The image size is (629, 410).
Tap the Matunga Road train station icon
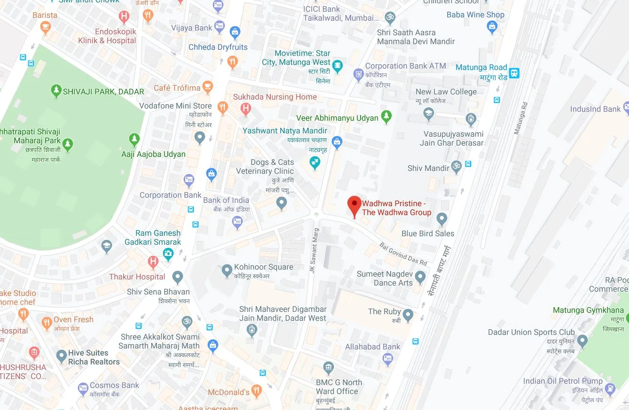tap(514, 73)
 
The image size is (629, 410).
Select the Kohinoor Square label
tap(264, 267)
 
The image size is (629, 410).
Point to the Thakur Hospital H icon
tap(153, 262)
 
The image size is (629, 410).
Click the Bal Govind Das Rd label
tap(404, 254)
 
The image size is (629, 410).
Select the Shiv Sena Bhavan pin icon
tap(177, 277)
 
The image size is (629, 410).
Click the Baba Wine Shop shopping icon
tap(492, 27)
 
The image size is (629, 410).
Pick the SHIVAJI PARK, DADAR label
tap(103, 92)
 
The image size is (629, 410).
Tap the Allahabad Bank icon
tap(388, 360)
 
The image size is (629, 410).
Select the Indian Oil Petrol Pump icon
tap(610, 388)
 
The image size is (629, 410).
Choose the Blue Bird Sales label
tap(428, 233)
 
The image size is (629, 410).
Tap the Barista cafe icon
tap(45, 28)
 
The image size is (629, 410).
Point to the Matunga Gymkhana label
tap(588, 310)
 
